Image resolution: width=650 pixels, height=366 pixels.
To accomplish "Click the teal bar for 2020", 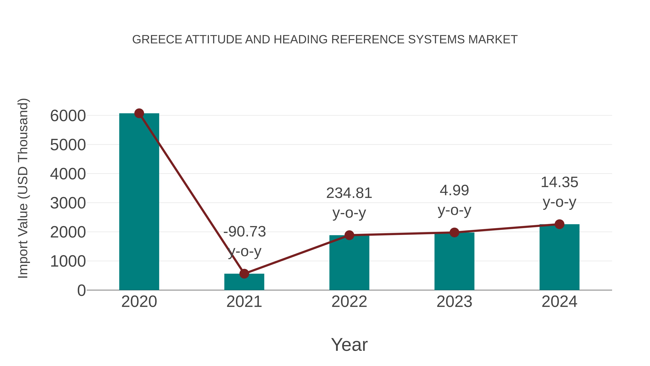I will pos(139,202).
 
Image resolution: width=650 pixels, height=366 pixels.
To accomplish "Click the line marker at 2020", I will pos(139,113).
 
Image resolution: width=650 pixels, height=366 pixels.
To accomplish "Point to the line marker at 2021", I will pos(244,274).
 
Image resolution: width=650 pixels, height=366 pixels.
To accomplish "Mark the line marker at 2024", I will pos(559,224).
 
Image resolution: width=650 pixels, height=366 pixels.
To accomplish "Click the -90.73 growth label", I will pos(244,232).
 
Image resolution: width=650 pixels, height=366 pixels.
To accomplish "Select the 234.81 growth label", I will pos(349,193).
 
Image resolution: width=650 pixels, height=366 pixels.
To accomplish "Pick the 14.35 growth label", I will pos(559,182).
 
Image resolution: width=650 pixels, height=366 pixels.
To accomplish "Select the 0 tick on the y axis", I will pos(81,290).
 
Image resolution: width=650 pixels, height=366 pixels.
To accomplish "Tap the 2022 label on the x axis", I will pos(349,302).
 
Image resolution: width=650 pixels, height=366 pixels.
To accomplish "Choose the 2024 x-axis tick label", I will pos(559,302).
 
